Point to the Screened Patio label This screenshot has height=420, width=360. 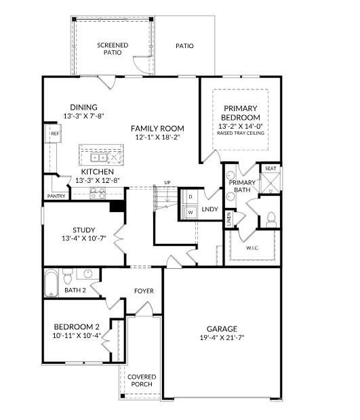tap(113, 49)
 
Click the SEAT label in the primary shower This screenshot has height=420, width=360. tap(271, 168)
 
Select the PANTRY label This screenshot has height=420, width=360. tap(56, 196)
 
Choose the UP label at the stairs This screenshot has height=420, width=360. tap(167, 182)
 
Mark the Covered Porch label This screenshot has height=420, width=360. tap(142, 380)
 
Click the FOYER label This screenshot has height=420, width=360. tap(144, 291)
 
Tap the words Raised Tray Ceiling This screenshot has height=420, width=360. tap(241, 133)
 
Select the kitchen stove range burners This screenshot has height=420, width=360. tap(98, 192)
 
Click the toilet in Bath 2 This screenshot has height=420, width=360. tap(68, 278)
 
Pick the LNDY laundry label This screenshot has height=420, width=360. tap(210, 209)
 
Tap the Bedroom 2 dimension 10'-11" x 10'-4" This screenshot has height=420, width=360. tap(77, 335)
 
